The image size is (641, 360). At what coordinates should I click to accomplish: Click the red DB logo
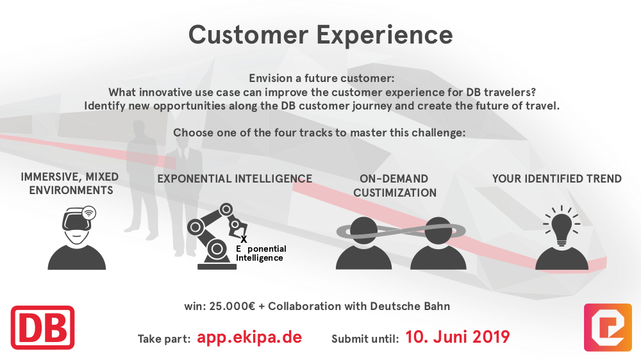click(42, 328)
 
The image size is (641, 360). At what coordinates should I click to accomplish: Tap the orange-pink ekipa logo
click(608, 327)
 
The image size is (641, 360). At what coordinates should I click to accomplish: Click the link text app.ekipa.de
click(249, 338)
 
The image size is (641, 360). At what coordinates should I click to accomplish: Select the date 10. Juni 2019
click(458, 337)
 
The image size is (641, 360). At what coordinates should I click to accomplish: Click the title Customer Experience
click(320, 35)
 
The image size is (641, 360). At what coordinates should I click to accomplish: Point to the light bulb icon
click(562, 226)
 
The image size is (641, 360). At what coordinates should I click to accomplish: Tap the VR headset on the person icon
click(78, 221)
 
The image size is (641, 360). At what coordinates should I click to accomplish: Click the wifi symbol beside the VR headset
click(88, 213)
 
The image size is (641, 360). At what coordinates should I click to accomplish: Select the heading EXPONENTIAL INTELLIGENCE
click(235, 179)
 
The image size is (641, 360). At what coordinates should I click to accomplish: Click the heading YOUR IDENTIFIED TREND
click(557, 179)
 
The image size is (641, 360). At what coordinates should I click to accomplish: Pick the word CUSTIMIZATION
click(395, 193)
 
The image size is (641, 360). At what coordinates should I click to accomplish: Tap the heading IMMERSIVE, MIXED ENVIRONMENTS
click(70, 183)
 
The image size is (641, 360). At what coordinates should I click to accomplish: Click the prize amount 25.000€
click(232, 306)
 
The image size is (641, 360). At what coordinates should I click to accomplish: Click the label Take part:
click(164, 339)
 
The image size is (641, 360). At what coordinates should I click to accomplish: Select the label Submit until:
click(365, 339)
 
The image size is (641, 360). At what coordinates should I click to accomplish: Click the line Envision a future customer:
click(322, 78)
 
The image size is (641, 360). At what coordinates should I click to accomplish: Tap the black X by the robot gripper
click(244, 240)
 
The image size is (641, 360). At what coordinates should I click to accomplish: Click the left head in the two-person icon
click(363, 231)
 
